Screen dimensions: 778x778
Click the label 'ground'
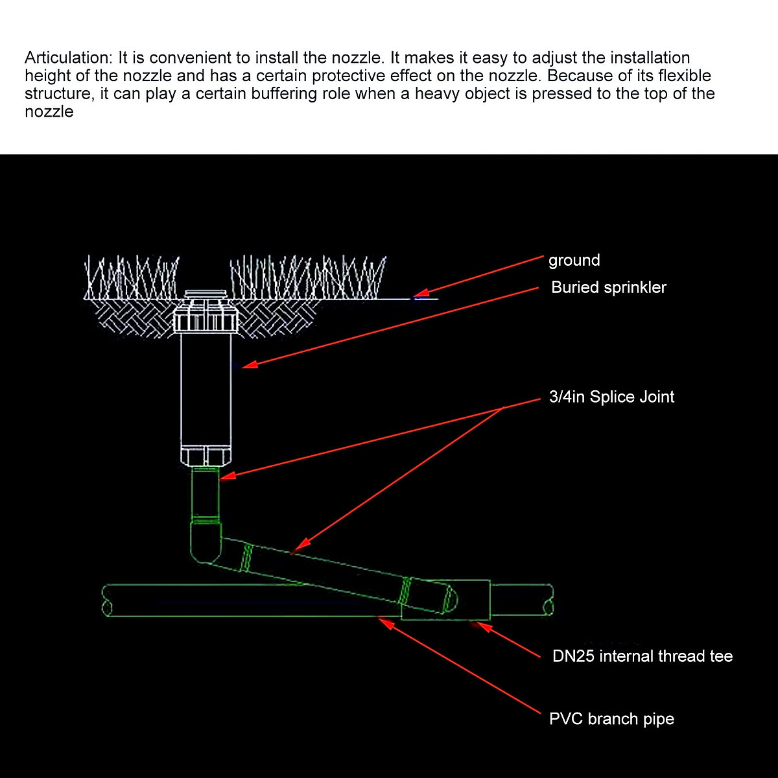574,261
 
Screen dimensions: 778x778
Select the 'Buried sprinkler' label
608,287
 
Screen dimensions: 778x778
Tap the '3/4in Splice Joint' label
611,397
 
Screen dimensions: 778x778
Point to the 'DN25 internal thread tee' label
642,656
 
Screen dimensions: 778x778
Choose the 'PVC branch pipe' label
611,719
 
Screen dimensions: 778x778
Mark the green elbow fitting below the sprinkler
206,543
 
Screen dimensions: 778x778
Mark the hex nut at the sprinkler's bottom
206,456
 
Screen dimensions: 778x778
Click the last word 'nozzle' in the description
49,112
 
